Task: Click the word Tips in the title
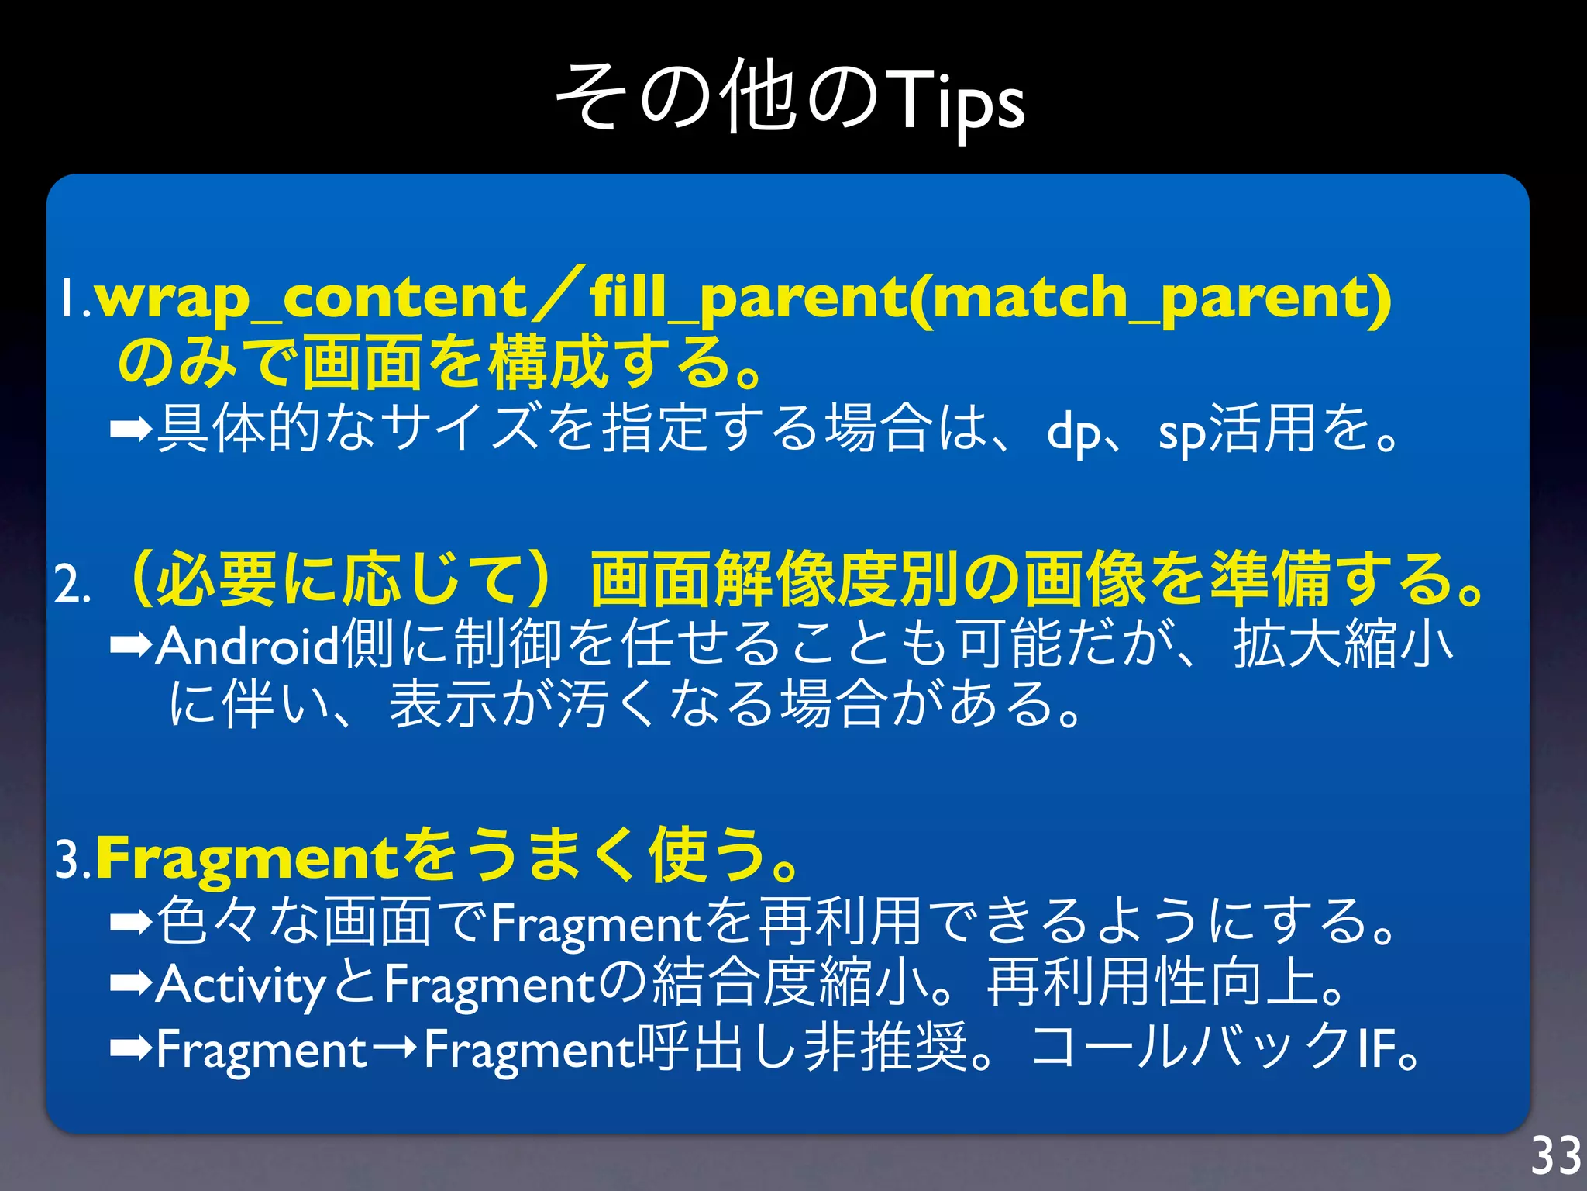(958, 101)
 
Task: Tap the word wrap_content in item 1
(310, 299)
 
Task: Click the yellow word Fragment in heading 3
(246, 858)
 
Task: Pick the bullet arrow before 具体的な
(130, 428)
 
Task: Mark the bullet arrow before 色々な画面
(130, 922)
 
